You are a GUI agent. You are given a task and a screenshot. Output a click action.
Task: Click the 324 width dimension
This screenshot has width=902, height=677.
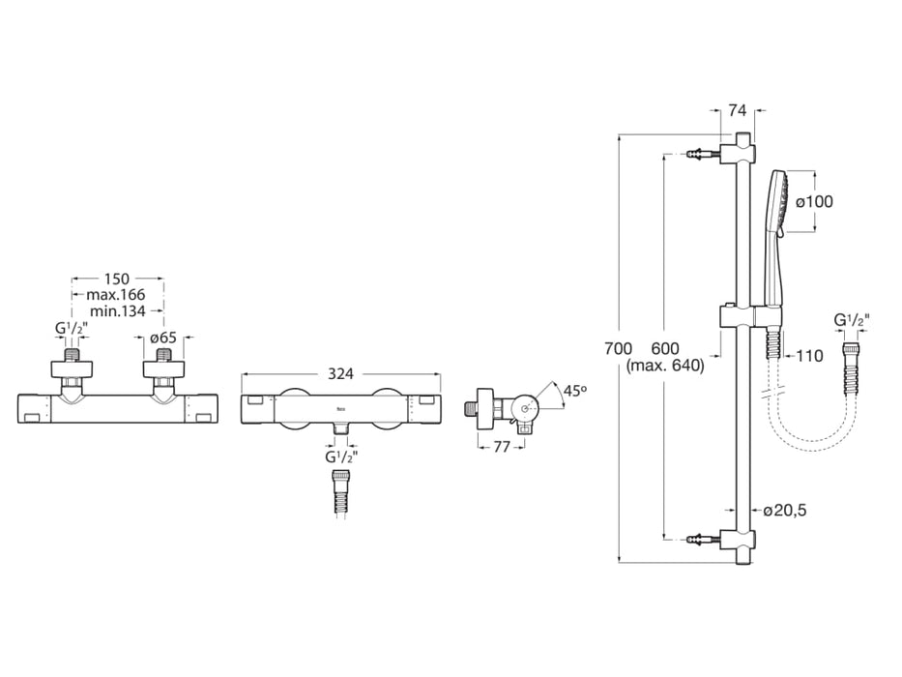click(x=340, y=373)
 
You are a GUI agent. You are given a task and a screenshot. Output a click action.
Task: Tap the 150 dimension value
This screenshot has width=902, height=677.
click(x=117, y=280)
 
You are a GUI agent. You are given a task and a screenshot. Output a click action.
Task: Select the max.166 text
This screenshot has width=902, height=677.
click(x=116, y=295)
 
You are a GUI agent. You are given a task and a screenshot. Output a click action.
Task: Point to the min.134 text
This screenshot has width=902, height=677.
click(x=118, y=311)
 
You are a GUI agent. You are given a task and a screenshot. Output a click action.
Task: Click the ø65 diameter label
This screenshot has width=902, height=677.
click(x=165, y=337)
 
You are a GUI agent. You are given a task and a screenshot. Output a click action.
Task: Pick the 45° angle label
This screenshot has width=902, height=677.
click(x=574, y=391)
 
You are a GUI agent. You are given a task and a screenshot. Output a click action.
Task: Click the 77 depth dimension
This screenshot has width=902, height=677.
click(x=502, y=446)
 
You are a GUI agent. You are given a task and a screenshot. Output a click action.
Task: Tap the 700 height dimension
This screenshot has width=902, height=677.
click(x=619, y=348)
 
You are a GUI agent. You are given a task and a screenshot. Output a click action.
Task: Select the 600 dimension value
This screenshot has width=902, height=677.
click(x=665, y=348)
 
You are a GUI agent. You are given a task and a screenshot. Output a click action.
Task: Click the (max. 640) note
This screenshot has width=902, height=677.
click(x=665, y=366)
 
